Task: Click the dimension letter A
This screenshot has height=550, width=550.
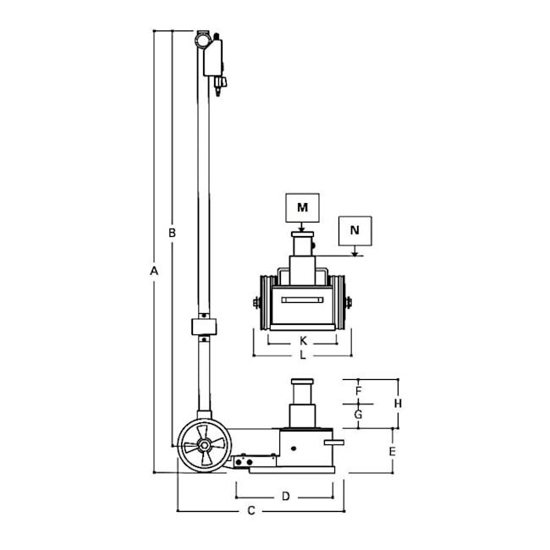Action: [x=154, y=271]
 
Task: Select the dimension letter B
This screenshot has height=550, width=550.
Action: [x=172, y=233]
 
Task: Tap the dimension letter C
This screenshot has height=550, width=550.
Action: [x=251, y=511]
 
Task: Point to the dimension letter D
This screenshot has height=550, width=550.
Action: [x=286, y=497]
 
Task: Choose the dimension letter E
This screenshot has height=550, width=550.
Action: [x=392, y=451]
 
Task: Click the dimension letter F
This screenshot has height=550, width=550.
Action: [x=358, y=391]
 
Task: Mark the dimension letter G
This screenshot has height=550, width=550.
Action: [x=358, y=415]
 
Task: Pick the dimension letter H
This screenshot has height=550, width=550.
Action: [x=398, y=404]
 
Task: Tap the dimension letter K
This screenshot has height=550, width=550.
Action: [x=304, y=341]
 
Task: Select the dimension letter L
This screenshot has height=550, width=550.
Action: [x=303, y=355]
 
